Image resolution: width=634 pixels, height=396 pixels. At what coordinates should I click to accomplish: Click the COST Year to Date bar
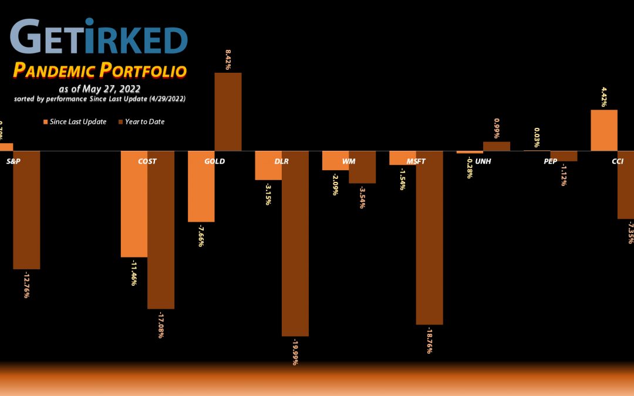pyautogui.click(x=160, y=235)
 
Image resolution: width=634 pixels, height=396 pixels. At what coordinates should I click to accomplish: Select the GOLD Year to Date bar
pyautogui.click(x=228, y=111)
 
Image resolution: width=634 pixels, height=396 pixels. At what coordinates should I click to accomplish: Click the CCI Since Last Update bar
pyautogui.click(x=603, y=130)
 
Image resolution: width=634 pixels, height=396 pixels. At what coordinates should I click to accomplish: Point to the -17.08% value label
pyautogui.click(x=161, y=324)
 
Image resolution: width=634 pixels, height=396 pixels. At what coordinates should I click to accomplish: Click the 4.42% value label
pyautogui.click(x=604, y=96)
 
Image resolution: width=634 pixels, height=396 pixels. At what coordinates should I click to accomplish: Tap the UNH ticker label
pyautogui.click(x=483, y=161)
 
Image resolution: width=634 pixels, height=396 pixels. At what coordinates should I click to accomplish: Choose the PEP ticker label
pyautogui.click(x=550, y=161)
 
